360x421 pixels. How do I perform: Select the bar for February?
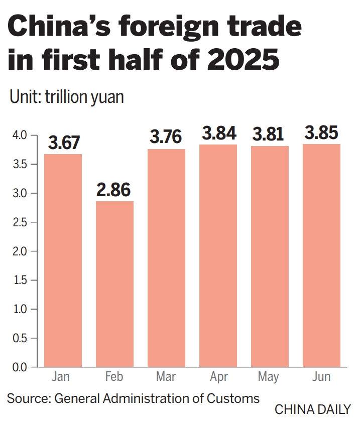click(114, 284)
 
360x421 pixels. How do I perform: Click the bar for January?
click(63, 260)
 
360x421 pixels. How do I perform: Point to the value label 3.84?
click(218, 133)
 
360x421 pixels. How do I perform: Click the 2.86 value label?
click(114, 190)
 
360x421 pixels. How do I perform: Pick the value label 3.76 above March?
click(166, 138)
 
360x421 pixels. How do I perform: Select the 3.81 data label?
click(269, 134)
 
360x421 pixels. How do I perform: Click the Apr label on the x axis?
click(218, 377)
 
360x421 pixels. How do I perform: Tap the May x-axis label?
click(269, 377)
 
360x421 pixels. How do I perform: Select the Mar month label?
click(166, 377)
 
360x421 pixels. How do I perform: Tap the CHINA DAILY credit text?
click(312, 409)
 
